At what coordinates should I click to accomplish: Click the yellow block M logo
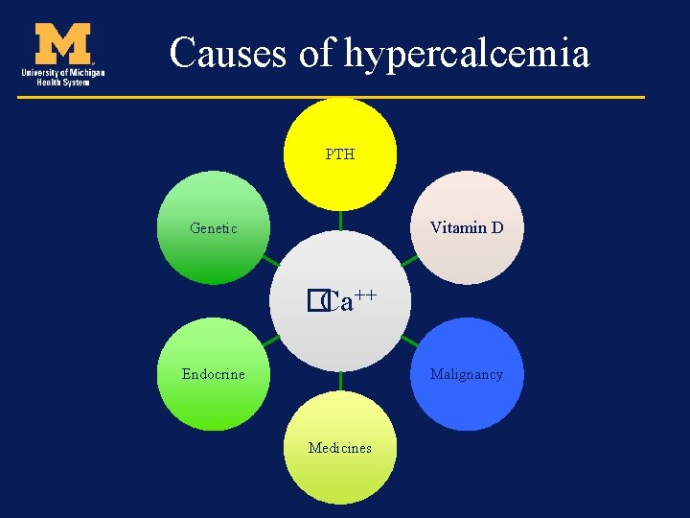click(63, 44)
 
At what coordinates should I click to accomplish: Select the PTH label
click(339, 154)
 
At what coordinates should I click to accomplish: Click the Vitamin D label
click(467, 228)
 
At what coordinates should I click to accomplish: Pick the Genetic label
click(214, 228)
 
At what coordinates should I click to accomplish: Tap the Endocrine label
click(214, 374)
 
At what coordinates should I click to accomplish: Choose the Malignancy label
click(467, 374)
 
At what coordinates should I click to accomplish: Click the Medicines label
click(339, 448)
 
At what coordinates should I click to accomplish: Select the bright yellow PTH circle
click(340, 182)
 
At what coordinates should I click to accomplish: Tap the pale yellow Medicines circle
click(340, 475)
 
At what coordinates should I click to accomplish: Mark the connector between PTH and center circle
click(340, 220)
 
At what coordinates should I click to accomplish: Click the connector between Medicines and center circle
click(340, 381)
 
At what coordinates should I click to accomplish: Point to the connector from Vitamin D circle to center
click(409, 260)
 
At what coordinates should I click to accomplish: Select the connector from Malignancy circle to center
click(409, 341)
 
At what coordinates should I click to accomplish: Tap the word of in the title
click(315, 53)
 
